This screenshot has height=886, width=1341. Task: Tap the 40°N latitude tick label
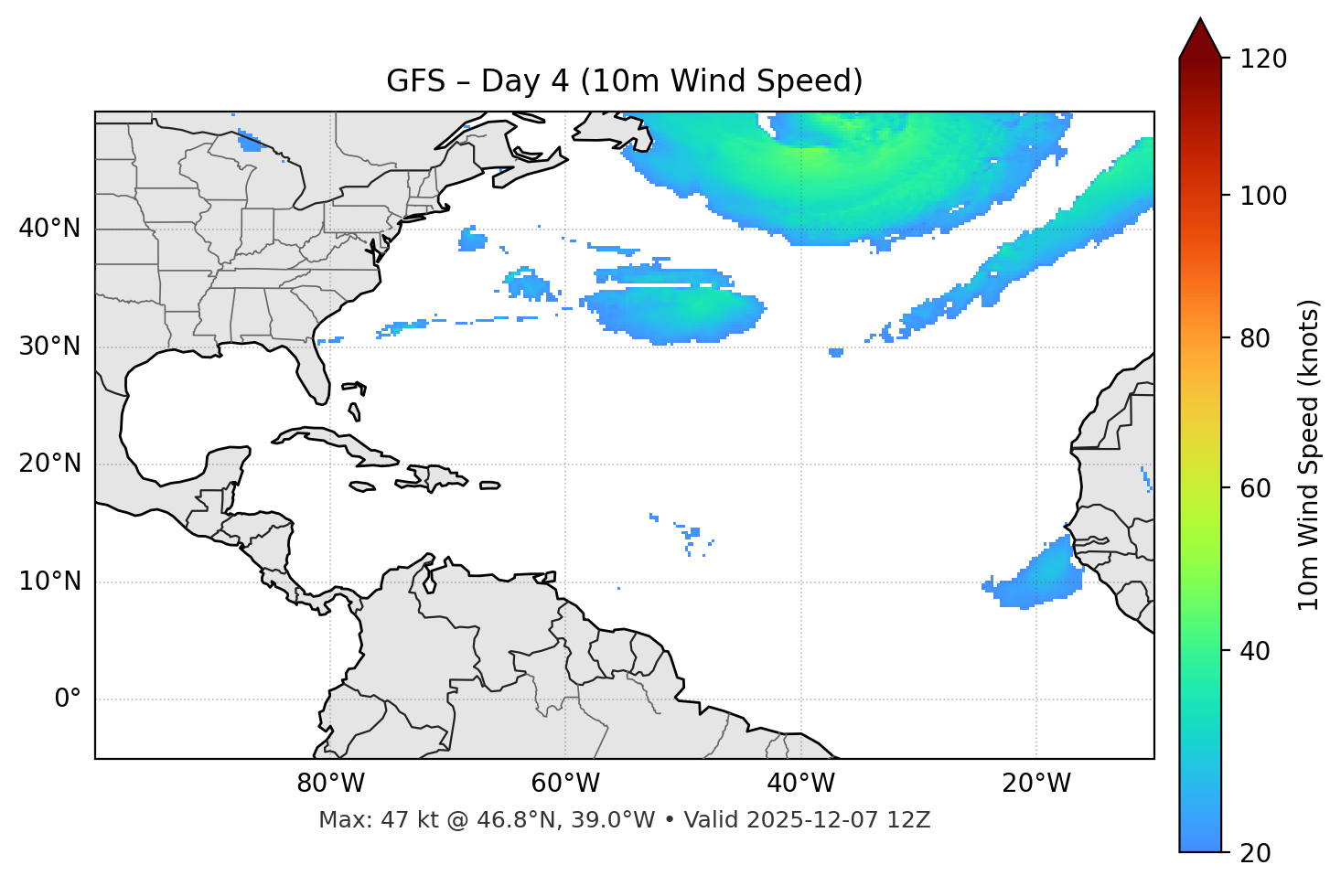[49, 229]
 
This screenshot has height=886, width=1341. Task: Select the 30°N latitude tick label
[49, 347]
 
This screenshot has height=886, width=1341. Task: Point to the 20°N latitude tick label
[49, 464]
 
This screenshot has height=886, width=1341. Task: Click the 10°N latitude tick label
[49, 582]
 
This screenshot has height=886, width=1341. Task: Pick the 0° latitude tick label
[68, 699]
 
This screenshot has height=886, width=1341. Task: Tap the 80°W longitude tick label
[330, 784]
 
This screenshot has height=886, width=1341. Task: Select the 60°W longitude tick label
[565, 784]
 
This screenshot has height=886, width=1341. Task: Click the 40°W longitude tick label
[800, 784]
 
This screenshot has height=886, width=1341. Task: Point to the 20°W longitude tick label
[1035, 784]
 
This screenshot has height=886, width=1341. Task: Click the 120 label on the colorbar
[1263, 59]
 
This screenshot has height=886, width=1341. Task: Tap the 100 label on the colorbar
[1263, 196]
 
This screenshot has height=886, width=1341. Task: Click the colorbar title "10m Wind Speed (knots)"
[1309, 454]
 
